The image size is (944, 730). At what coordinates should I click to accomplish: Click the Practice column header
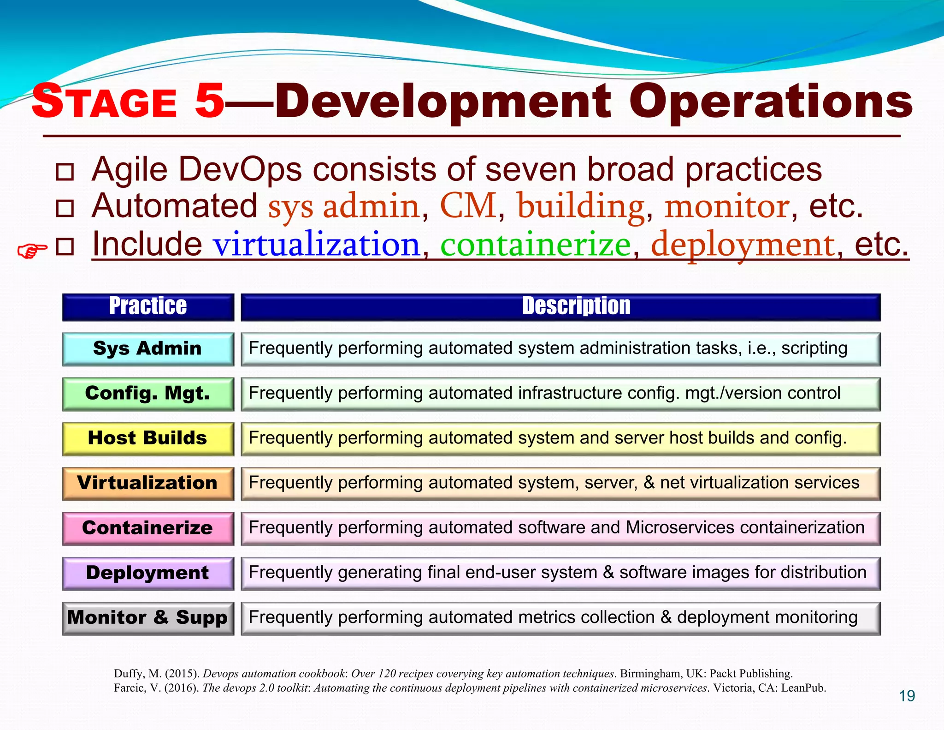click(148, 307)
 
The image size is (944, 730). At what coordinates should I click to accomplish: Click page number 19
click(907, 696)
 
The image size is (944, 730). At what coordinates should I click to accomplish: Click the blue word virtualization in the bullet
click(316, 245)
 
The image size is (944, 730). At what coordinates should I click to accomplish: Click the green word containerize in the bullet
click(535, 245)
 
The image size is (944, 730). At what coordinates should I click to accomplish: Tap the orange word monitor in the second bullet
click(727, 206)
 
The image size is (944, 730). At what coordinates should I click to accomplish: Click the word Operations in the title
click(771, 102)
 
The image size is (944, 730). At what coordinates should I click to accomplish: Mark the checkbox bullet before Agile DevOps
click(65, 172)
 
